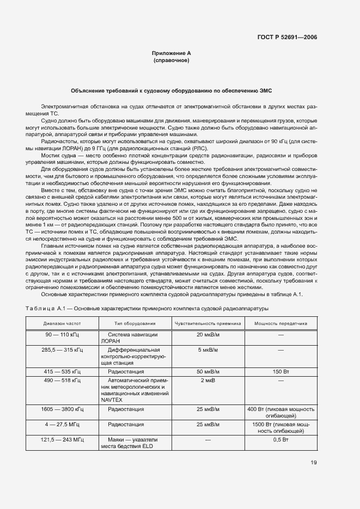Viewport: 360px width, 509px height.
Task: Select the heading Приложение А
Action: tap(172, 53)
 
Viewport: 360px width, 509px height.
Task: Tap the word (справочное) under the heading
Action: tap(172, 60)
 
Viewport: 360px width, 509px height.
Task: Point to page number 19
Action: tap(313, 463)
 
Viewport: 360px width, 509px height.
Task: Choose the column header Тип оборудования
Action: tap(135, 323)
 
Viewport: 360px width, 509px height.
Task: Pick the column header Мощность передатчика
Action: tap(280, 323)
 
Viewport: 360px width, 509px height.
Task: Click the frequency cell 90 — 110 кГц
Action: tap(63, 334)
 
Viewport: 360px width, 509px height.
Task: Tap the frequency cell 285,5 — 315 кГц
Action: tap(63, 349)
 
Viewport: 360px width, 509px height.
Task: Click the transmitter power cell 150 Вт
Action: tap(280, 371)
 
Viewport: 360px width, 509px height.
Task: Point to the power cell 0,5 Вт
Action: tap(280, 439)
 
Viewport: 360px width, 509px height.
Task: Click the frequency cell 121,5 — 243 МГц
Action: tap(63, 439)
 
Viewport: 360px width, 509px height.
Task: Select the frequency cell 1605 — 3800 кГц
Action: tap(63, 409)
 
